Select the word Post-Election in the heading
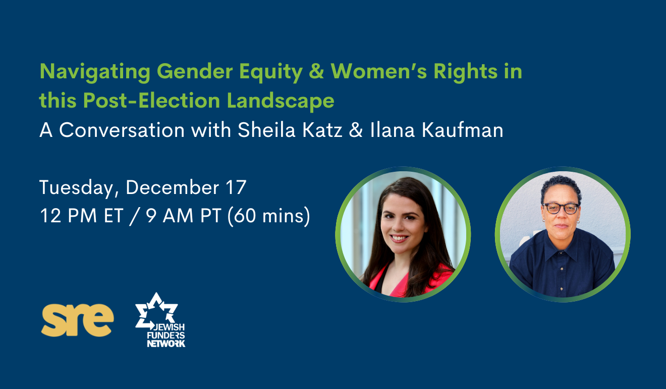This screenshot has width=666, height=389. (151, 101)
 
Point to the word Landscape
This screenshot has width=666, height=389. (281, 101)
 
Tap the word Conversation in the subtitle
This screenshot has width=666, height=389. (122, 130)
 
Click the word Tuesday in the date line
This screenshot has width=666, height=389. (77, 188)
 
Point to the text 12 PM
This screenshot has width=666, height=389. (67, 216)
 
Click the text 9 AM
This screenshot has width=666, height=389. (170, 216)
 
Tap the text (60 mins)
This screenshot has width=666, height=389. (268, 216)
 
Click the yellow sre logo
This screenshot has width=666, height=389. (77, 320)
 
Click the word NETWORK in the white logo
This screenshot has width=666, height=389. (166, 344)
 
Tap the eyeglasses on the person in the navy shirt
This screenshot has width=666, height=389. (561, 208)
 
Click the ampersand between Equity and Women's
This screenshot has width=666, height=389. (316, 71)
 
